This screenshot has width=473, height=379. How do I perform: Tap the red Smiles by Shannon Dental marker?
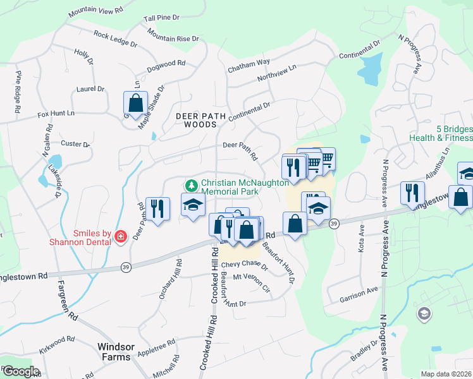point(120,236)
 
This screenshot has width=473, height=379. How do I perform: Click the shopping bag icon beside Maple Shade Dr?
point(136,102)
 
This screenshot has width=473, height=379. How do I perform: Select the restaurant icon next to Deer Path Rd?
point(157,208)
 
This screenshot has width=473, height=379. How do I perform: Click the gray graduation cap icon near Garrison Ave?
point(423,313)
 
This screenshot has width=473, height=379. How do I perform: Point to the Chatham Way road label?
point(254,61)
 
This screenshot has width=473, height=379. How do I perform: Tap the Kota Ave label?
point(362,238)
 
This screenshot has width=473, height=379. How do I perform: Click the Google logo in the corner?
point(21,371)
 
